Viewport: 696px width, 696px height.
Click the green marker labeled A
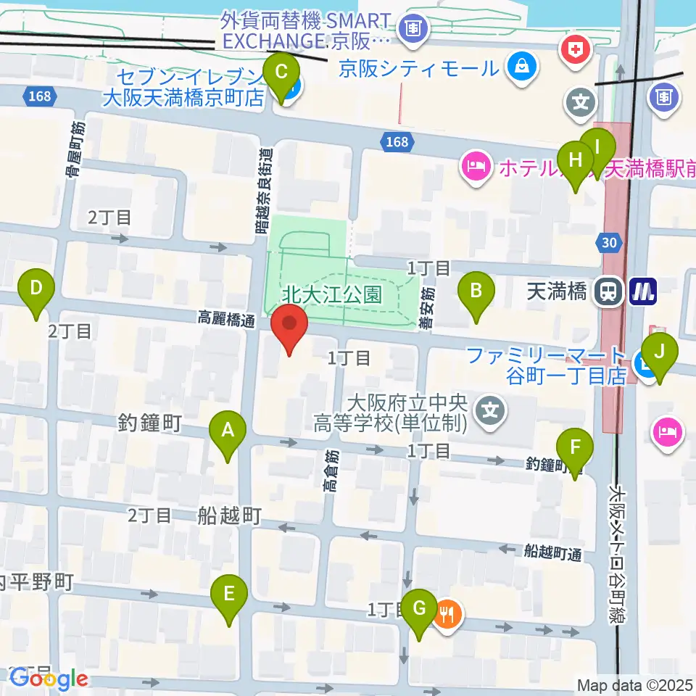pos(227,432)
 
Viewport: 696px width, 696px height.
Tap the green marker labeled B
pos(476,292)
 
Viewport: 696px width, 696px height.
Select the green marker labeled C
pos(281,74)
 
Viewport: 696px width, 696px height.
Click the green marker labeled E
pos(229,595)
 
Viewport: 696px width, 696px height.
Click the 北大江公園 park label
pos(332,294)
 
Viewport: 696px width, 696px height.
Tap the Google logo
pos(49,679)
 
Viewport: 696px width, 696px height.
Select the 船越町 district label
pos(229,515)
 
